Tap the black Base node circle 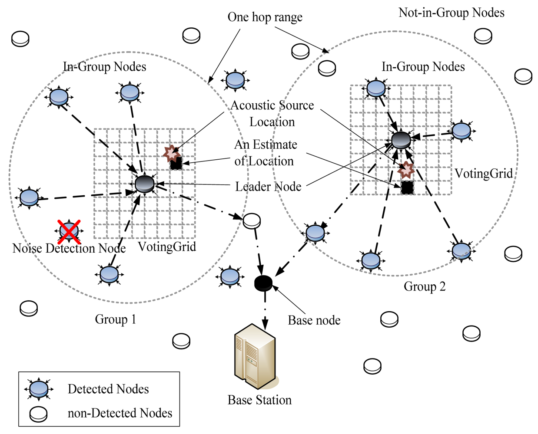(263, 283)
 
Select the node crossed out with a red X (69, 231)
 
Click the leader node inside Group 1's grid (145, 184)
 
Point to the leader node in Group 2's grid (401, 140)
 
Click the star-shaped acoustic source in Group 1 (172, 153)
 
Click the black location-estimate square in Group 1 (176, 163)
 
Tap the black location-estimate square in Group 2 (407, 187)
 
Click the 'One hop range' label (265, 17)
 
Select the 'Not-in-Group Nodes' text (451, 13)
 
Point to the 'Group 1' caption (116, 319)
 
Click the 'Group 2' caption (424, 286)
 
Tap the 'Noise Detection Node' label (69, 248)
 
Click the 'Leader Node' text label (268, 187)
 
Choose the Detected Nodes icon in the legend (39, 389)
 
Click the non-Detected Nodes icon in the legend (38, 414)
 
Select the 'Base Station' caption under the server (259, 400)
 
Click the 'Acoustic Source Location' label (272, 113)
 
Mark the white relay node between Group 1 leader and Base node (252, 221)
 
